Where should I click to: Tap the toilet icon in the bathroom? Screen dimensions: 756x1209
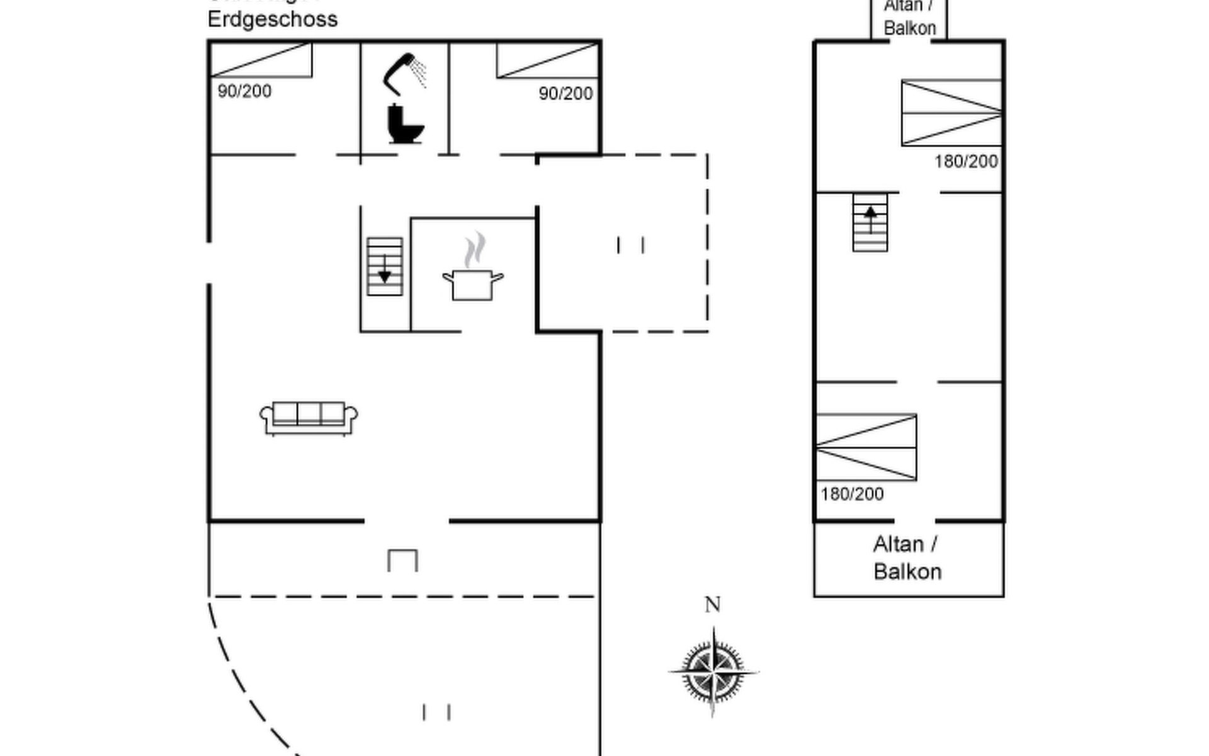(404, 124)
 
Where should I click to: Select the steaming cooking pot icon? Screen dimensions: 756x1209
(473, 270)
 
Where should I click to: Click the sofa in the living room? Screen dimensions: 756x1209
(309, 418)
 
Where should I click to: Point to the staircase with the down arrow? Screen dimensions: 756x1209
(385, 266)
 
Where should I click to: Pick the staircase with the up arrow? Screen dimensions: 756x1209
(870, 222)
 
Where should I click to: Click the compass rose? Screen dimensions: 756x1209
(713, 672)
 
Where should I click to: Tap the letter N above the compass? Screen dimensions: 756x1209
(712, 605)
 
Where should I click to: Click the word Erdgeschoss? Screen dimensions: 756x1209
(273, 19)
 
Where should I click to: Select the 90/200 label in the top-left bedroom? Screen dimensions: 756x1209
(244, 91)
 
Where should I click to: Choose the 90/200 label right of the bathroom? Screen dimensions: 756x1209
(565, 94)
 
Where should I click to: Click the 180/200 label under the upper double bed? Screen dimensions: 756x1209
(966, 162)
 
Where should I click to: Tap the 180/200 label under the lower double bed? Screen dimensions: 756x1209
(852, 494)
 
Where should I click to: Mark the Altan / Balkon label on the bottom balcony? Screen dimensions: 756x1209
(907, 558)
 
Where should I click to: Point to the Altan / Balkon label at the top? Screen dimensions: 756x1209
(909, 18)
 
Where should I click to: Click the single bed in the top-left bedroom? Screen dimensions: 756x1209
(261, 60)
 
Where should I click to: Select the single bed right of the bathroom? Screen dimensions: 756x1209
(547, 60)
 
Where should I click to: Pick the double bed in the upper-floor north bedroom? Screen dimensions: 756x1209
(951, 113)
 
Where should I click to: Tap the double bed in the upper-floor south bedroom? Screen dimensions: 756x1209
(866, 447)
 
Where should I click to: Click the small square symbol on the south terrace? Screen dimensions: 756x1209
(402, 560)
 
